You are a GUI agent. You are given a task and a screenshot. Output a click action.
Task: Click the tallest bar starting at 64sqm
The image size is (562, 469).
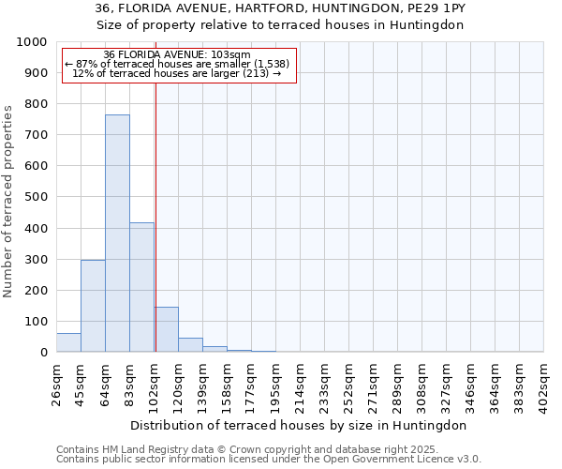[117, 234]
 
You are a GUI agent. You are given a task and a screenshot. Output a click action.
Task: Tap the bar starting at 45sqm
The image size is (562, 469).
[93, 306]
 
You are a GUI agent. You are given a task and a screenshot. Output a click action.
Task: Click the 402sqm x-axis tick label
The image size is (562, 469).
[544, 381]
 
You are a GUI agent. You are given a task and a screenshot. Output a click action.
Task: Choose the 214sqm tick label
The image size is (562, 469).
[301, 381]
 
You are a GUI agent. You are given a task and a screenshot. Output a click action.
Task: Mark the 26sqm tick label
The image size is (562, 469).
[57, 381]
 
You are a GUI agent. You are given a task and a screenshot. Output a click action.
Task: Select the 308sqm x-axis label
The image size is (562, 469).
[422, 381]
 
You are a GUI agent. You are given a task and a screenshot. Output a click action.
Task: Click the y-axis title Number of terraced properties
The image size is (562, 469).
[8, 201]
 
